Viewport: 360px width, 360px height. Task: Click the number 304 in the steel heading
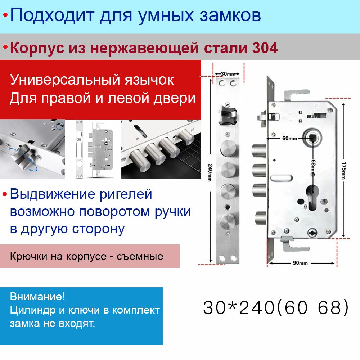[265, 48]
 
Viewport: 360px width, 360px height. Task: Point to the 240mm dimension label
[210, 173]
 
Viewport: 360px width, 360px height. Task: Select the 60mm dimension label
[289, 138]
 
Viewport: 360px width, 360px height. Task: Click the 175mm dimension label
[344, 171]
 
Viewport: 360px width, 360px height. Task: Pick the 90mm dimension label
[300, 263]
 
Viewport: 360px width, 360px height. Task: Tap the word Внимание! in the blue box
[37, 297]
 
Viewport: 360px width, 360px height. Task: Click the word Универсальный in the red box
[64, 80]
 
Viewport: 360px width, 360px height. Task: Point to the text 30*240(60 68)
[276, 307]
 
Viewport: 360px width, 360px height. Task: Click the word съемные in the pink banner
[140, 256]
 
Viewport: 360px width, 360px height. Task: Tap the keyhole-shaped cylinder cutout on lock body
[312, 197]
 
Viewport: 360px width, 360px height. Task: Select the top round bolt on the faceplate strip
[228, 148]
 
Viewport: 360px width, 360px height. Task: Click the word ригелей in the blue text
[126, 195]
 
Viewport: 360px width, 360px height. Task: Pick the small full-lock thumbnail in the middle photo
[95, 149]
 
